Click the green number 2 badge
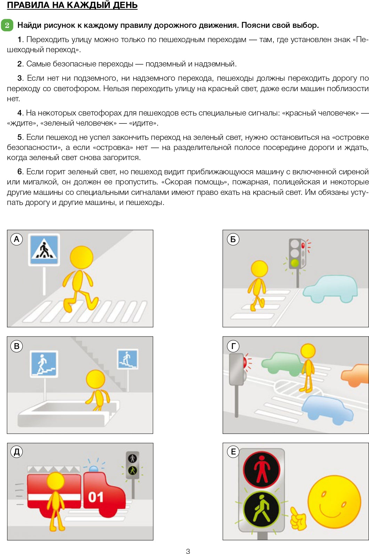point(7,25)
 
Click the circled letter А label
point(17,239)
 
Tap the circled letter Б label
point(233,239)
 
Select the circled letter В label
point(17,346)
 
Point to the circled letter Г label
point(233,346)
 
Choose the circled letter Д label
point(17,452)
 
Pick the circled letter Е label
point(233,452)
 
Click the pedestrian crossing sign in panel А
point(44,250)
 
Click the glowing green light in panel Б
point(295,263)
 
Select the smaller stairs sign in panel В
point(128,359)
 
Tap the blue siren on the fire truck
point(94,469)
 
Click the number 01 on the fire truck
point(96,497)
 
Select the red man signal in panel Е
point(262,469)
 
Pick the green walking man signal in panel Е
point(262,509)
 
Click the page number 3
point(188,551)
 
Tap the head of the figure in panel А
point(82,257)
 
